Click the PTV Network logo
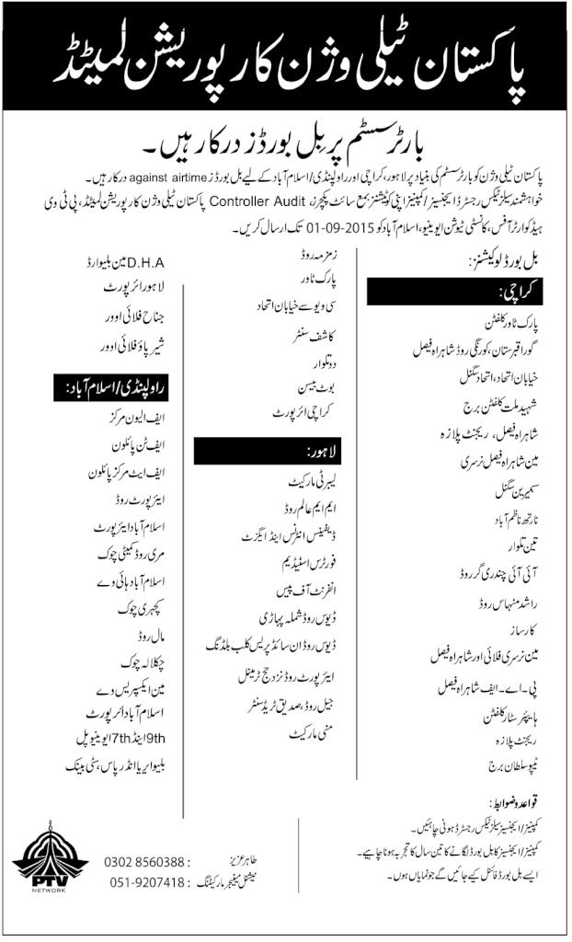pos(42,865)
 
